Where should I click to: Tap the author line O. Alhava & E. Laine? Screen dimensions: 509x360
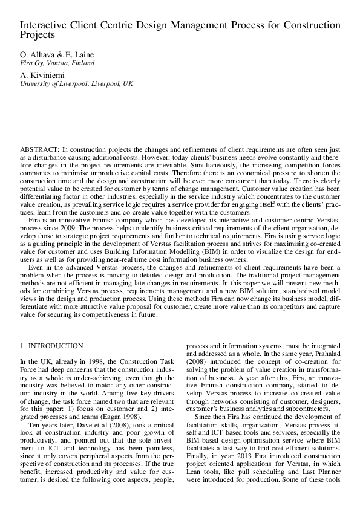click(x=57, y=54)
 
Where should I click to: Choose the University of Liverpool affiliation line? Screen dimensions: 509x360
click(x=77, y=83)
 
